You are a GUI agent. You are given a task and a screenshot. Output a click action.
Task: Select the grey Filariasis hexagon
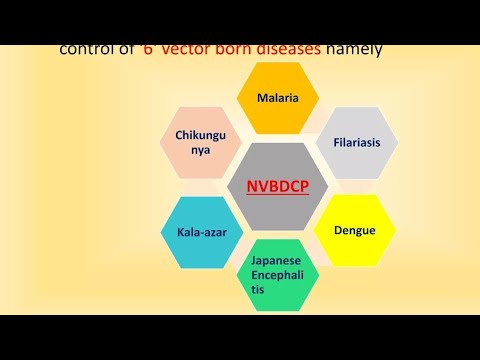(357, 143)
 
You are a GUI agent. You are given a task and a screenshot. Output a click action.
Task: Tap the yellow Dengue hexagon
(355, 230)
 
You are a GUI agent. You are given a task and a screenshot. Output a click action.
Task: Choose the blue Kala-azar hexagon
(196, 231)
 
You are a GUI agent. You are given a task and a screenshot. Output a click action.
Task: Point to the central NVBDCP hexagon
(277, 185)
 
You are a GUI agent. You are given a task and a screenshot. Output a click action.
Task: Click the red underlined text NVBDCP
(277, 185)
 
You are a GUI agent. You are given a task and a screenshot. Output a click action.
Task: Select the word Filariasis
(357, 143)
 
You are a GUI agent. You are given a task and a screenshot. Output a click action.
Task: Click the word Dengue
(355, 230)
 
